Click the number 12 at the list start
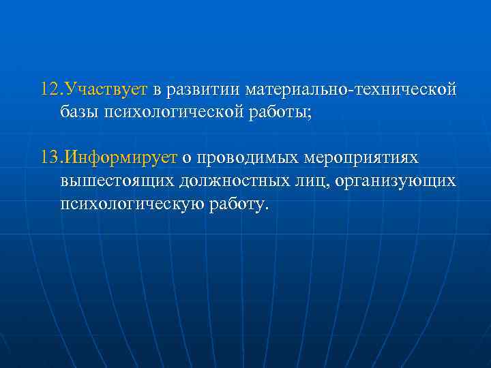tap(49, 90)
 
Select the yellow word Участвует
tap(104, 90)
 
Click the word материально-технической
tap(350, 90)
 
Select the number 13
tap(49, 158)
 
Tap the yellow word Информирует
tap(117, 158)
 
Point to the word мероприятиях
tap(363, 158)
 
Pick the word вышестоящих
tap(117, 181)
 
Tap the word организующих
tap(395, 181)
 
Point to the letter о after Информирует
tap(185, 159)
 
